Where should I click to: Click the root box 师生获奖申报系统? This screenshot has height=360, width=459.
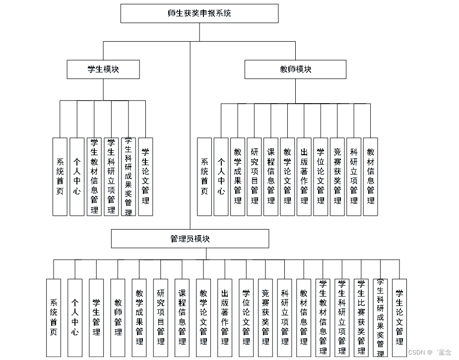point(199,13)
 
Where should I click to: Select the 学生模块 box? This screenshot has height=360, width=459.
point(103,69)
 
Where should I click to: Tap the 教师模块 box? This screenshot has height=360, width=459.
point(295,69)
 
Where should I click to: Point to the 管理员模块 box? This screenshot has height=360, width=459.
point(190,239)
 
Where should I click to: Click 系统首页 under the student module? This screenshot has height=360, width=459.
point(60,177)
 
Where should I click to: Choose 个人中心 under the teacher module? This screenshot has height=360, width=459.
point(221,177)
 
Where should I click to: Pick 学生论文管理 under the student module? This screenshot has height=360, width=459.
point(145,177)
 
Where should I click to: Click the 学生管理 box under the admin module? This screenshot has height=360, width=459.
point(96,317)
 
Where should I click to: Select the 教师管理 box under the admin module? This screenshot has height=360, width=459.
point(118,317)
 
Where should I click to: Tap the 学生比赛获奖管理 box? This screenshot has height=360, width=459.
point(361,317)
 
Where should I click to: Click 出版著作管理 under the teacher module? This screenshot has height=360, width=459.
point(304,177)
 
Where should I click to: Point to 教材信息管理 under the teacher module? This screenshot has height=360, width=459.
point(371,177)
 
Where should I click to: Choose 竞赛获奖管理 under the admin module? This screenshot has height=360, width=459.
point(265,317)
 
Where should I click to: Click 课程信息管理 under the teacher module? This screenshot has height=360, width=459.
point(271,177)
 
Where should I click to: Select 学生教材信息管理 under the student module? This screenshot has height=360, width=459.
point(94,177)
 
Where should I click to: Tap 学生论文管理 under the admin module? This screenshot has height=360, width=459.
point(399,317)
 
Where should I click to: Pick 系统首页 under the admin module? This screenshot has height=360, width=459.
point(54,317)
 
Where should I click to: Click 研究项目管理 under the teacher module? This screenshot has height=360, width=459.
point(254,177)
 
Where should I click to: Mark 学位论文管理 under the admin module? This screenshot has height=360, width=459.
point(246,317)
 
